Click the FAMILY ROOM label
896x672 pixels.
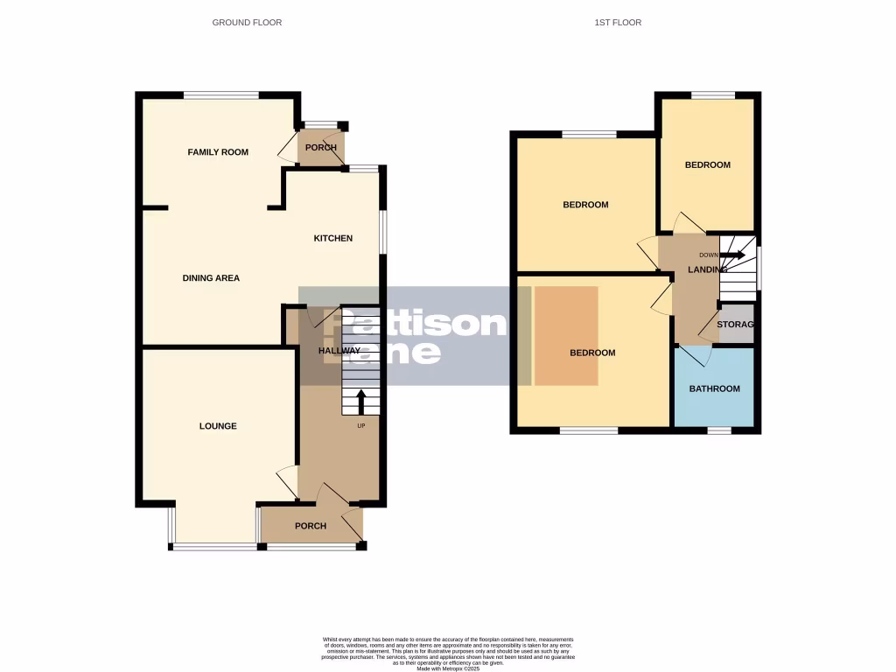[218, 152]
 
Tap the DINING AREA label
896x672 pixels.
[211, 278]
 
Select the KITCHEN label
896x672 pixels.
[333, 238]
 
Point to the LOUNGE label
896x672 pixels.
[218, 426]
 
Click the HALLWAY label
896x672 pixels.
[339, 351]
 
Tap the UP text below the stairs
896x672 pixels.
[360, 426]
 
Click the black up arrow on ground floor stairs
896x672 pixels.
[360, 402]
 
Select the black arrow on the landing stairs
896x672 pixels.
[733, 255]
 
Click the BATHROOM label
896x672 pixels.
[714, 388]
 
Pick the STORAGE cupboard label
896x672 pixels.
[735, 325]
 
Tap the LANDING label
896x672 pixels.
[706, 269]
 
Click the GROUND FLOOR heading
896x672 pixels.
[247, 22]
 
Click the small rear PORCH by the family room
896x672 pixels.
[321, 147]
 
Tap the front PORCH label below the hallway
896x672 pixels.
[311, 526]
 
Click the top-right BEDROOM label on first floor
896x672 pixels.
[707, 164]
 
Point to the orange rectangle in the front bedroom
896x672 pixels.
[566, 335]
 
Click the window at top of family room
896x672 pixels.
[221, 94]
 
